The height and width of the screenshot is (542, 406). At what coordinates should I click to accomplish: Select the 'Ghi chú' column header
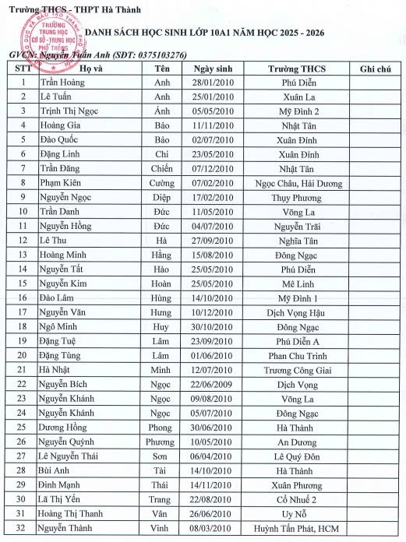pyautogui.click(x=375, y=69)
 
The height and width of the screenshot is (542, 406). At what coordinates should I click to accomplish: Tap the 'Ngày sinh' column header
pyautogui.click(x=214, y=69)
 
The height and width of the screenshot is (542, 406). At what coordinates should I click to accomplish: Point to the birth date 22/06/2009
pyautogui.click(x=214, y=384)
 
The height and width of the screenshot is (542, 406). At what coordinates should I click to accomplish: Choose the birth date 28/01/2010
pyautogui.click(x=214, y=83)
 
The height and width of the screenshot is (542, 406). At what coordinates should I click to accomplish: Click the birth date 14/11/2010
pyautogui.click(x=214, y=484)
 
